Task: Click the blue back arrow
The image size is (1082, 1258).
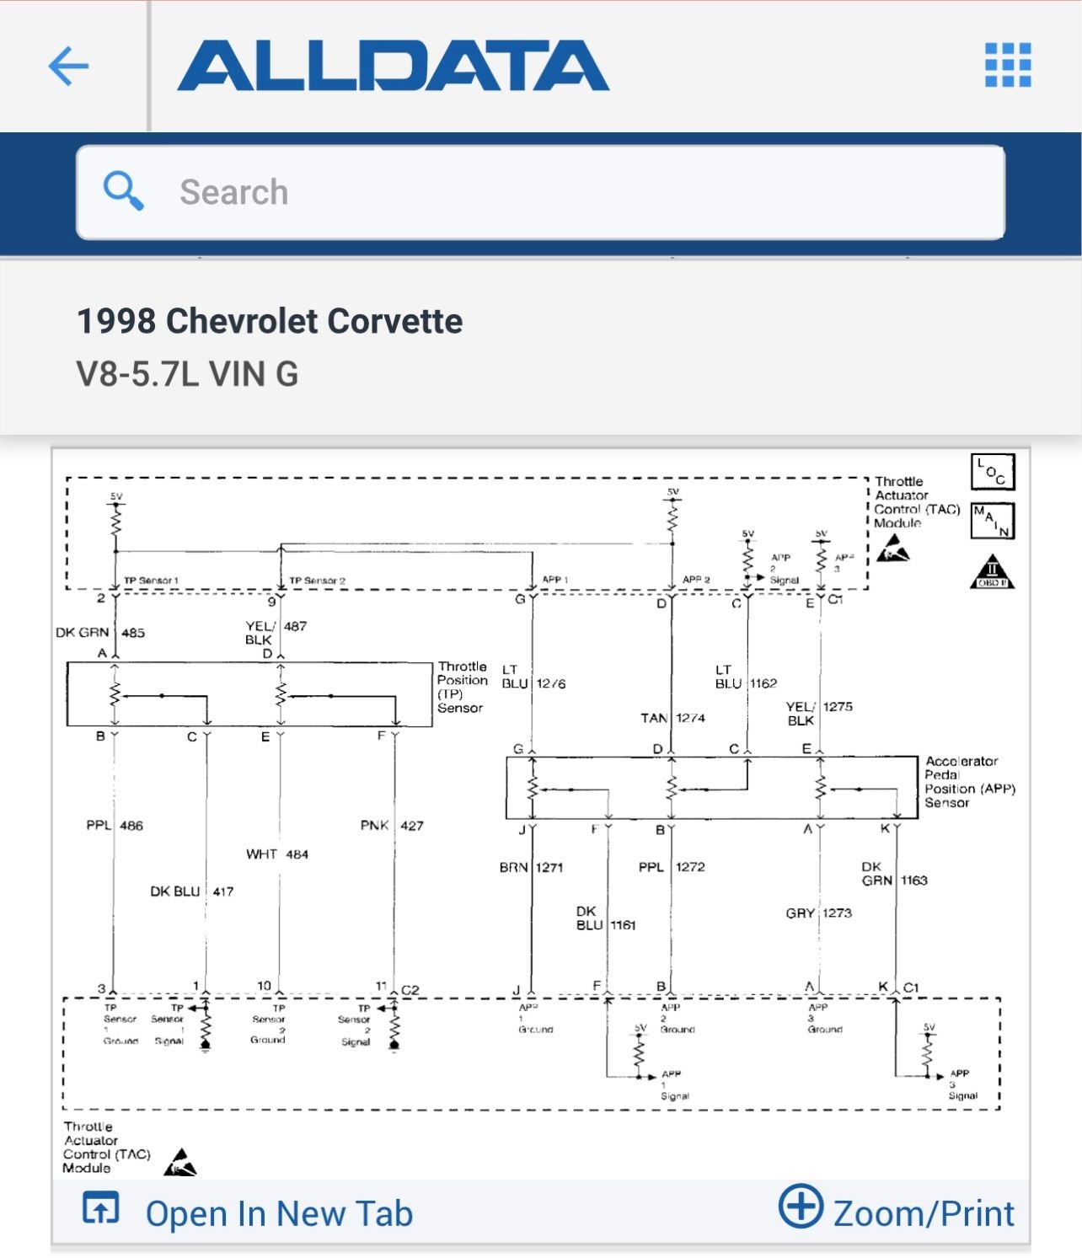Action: coord(68,66)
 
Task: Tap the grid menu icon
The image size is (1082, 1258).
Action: coord(1008,65)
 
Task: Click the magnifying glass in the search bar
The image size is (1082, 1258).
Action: coord(123,190)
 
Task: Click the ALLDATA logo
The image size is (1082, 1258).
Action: coord(393,66)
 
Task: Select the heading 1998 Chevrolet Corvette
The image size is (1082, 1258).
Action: coord(270,321)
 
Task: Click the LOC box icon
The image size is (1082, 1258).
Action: coord(993,472)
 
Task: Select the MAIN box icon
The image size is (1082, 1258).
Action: coord(992,520)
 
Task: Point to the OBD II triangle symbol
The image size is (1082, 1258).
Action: coord(992,574)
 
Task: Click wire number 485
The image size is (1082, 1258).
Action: coord(133,632)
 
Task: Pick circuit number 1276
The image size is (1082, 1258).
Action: coord(550,683)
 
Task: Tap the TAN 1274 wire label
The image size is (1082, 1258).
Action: coord(672,718)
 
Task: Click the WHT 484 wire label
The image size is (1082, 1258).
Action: coord(277,854)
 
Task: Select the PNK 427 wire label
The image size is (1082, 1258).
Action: coord(392,826)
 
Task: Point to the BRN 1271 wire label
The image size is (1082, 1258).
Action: coord(531,867)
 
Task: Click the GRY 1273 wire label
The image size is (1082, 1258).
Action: coord(818,913)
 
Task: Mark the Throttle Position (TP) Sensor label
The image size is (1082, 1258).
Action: coord(462,687)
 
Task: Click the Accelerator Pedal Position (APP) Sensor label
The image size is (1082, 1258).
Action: coord(969,782)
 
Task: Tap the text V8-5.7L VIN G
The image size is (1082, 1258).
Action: coord(187,373)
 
